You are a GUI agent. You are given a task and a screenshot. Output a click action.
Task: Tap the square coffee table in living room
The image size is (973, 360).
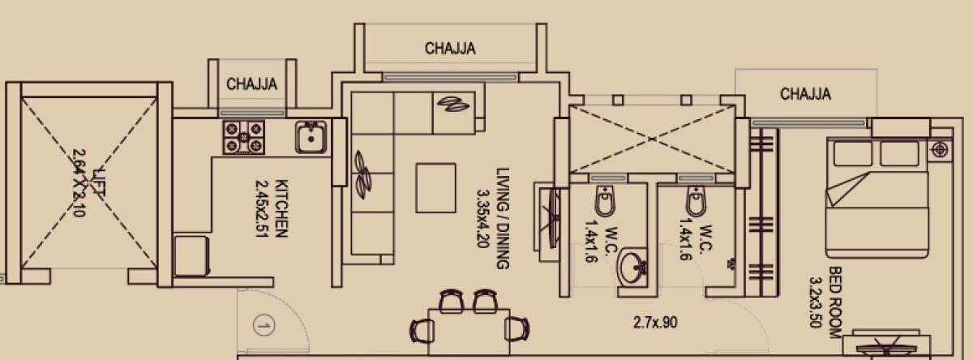pyautogui.click(x=437, y=187)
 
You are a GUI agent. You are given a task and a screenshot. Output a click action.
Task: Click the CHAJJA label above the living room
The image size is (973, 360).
pyautogui.click(x=450, y=49)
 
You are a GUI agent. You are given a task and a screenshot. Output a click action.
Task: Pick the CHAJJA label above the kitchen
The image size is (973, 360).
pyautogui.click(x=252, y=84)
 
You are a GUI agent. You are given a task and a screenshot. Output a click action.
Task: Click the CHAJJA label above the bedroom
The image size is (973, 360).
pyautogui.click(x=805, y=94)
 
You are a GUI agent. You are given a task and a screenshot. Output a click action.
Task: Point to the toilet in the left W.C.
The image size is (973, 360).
pyautogui.click(x=604, y=199)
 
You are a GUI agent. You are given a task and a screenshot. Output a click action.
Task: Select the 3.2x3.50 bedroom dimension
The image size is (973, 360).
pyautogui.click(x=816, y=296)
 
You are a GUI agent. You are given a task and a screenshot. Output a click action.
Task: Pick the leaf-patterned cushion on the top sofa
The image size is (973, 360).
pyautogui.click(x=452, y=104)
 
